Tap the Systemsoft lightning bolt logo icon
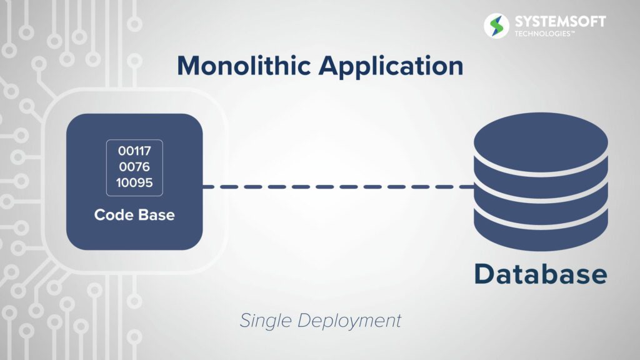point(496,26)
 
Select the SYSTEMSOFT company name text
point(560,22)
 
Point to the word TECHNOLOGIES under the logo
point(544,34)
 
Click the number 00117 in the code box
point(134,151)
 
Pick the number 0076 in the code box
point(134,166)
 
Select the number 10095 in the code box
point(134,182)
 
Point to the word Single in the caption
point(265,321)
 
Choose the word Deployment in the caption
point(349,321)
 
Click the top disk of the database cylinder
point(541,141)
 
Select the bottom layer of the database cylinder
point(541,232)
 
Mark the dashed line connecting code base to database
point(338,186)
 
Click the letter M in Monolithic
point(190,66)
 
